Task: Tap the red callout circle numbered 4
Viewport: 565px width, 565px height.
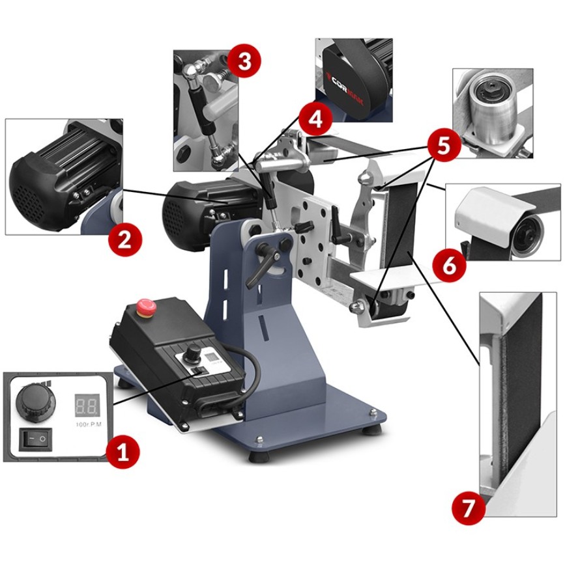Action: [315, 119]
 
